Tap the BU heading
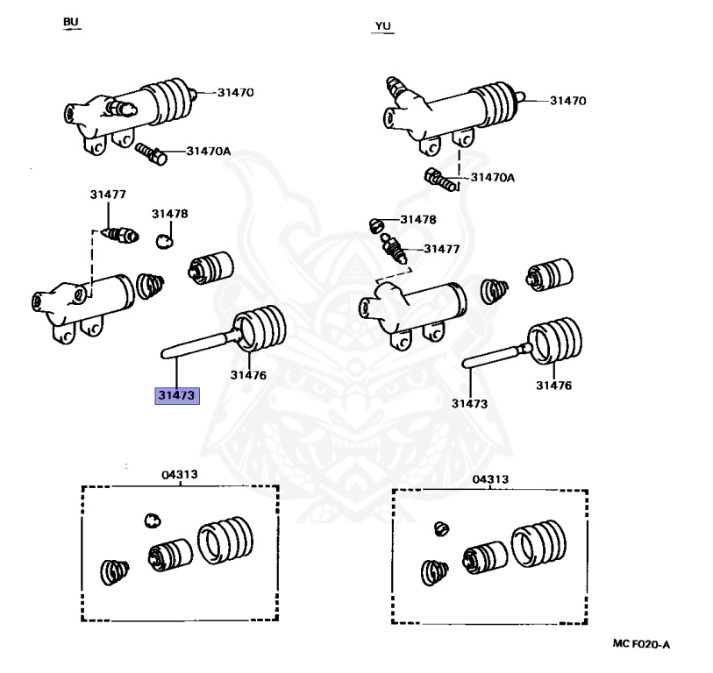(70, 21)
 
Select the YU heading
(382, 26)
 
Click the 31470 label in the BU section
(235, 92)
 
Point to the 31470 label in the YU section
(568, 100)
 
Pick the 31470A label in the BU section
(208, 151)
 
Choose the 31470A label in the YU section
(493, 177)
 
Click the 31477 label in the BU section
(108, 195)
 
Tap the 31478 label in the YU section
(418, 220)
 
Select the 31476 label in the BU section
(248, 374)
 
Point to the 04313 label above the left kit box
(179, 474)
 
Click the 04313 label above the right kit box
(490, 479)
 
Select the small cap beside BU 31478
(166, 240)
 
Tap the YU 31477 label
(441, 249)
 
